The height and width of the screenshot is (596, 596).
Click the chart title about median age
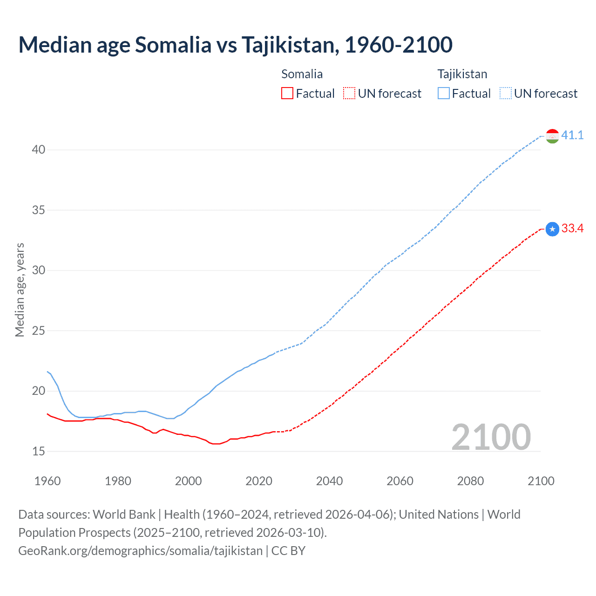(x=235, y=45)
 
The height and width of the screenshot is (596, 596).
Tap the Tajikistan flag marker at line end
(x=552, y=136)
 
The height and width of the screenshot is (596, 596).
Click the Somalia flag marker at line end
(x=552, y=229)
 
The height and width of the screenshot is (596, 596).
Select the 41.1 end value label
(x=572, y=135)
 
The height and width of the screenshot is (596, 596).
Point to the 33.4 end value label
(x=572, y=229)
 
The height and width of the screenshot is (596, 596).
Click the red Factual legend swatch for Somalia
(x=287, y=94)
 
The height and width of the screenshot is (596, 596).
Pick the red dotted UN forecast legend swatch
(x=349, y=94)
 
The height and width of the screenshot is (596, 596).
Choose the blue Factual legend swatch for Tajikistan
(x=443, y=94)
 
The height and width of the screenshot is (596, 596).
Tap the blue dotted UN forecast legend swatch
(x=505, y=94)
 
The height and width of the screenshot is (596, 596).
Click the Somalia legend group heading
(x=302, y=74)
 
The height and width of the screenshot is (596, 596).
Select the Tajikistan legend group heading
(x=462, y=74)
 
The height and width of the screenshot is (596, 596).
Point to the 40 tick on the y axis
(x=39, y=150)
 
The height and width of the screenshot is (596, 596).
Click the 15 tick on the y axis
(x=39, y=451)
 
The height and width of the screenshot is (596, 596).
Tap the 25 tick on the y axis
(x=39, y=331)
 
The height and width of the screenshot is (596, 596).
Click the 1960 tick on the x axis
(x=47, y=481)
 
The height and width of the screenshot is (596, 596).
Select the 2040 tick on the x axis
(x=329, y=481)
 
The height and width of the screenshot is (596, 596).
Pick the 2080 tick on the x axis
(x=470, y=481)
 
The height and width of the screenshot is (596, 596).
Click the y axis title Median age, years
(x=20, y=290)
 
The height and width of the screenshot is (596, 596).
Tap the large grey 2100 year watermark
(x=491, y=437)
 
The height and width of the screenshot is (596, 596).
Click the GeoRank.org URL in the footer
(x=140, y=551)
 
